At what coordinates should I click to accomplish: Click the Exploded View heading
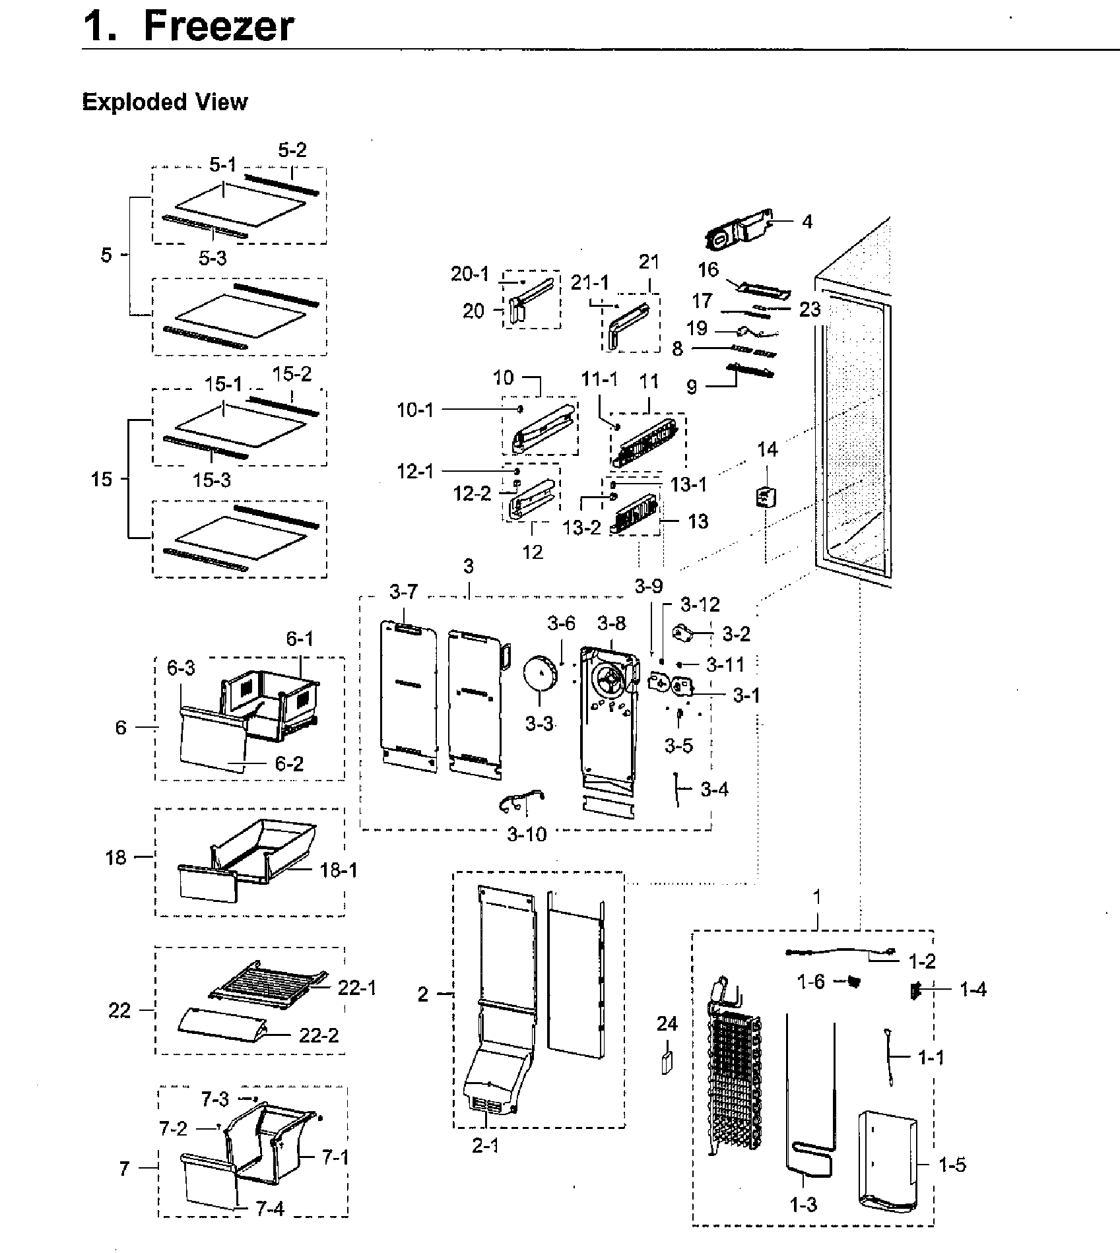[164, 102]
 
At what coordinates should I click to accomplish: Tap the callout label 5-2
[292, 150]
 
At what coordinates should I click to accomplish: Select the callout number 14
[767, 450]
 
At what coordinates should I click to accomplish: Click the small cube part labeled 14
[766, 496]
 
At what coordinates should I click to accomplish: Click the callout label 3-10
[527, 834]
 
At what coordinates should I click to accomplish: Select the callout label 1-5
[952, 1165]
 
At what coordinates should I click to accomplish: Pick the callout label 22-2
[319, 1035]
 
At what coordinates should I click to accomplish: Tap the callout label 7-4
[269, 1209]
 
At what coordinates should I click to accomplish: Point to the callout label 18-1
[339, 870]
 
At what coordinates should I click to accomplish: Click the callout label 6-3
[180, 668]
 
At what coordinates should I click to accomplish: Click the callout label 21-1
[589, 283]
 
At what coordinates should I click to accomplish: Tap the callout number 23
[810, 309]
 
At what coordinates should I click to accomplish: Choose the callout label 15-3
[212, 480]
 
